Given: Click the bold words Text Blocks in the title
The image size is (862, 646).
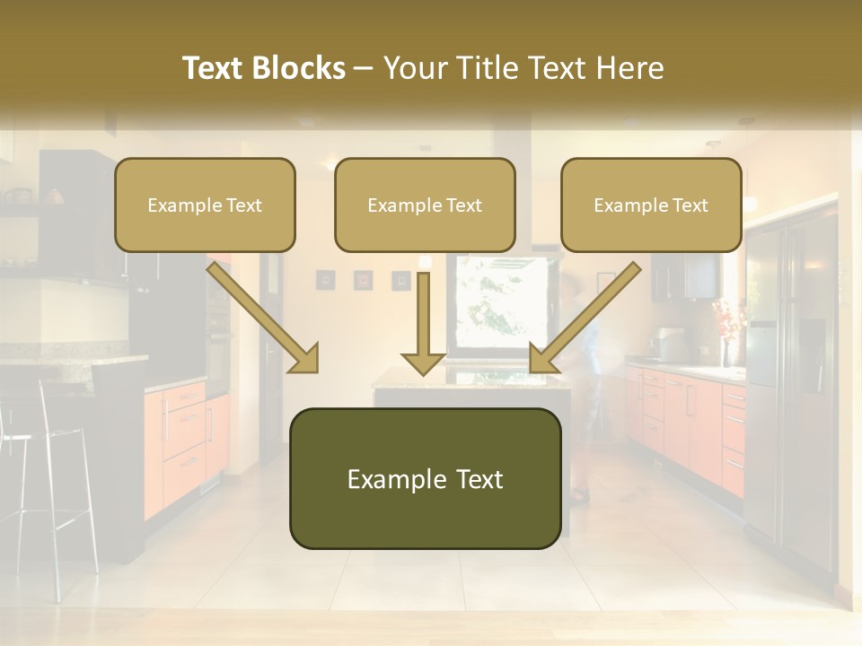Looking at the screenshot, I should pyautogui.click(x=264, y=68).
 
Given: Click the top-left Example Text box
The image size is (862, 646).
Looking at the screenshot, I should pyautogui.click(x=205, y=205).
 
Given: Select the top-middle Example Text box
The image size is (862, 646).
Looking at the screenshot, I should pyautogui.click(x=425, y=205).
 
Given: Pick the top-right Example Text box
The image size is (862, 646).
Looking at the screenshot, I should pyautogui.click(x=651, y=205).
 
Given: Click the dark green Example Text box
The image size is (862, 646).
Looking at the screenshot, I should pyautogui.click(x=425, y=478).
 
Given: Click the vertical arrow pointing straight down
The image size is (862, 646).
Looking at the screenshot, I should pyautogui.click(x=423, y=323).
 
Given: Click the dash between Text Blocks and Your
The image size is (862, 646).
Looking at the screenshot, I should pyautogui.click(x=364, y=68).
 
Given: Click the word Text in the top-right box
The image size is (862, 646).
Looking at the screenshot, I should pyautogui.click(x=690, y=205).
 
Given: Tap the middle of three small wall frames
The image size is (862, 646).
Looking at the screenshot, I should pyautogui.click(x=363, y=280).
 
